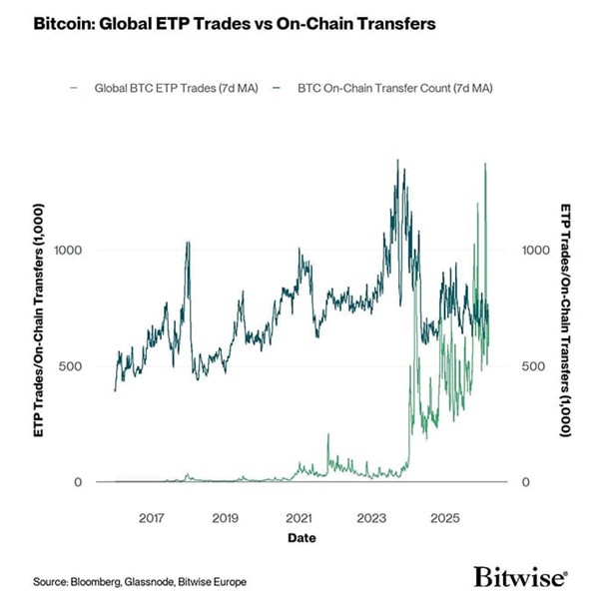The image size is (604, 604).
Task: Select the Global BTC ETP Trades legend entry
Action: [x=173, y=88]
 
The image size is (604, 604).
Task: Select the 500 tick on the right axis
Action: [x=536, y=366]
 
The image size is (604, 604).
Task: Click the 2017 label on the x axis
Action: [x=152, y=519]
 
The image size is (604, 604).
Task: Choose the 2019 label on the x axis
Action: [x=226, y=519]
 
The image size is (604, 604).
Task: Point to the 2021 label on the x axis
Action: [x=299, y=519]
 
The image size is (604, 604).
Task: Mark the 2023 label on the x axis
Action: [x=371, y=519]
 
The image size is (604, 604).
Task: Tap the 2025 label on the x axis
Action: [x=444, y=519]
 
